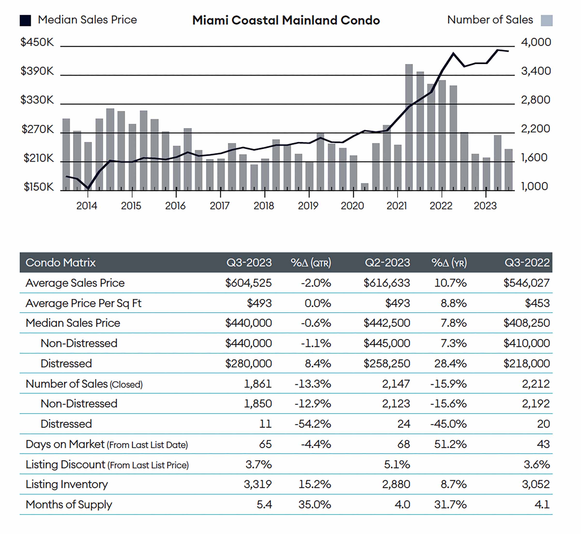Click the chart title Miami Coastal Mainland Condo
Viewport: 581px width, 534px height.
click(286, 20)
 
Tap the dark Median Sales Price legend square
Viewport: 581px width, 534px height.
click(25, 21)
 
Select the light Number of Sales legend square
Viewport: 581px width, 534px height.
click(547, 21)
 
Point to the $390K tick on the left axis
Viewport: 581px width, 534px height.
click(37, 71)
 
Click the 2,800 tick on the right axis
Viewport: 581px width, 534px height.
click(535, 100)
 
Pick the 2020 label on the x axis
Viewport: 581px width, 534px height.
click(352, 206)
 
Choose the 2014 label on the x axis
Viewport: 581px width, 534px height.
click(87, 206)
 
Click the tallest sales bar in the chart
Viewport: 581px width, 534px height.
click(409, 127)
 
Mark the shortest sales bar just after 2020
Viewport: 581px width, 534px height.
click(365, 187)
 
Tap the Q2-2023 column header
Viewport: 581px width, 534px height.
click(387, 262)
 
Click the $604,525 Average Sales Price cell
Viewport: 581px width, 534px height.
click(248, 282)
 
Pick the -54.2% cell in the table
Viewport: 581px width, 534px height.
click(313, 424)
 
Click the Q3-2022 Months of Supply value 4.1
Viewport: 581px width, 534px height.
click(542, 504)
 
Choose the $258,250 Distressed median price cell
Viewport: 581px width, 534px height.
click(387, 363)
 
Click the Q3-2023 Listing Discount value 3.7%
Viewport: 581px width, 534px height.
click(259, 464)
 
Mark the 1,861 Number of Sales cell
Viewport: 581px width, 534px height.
click(258, 384)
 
